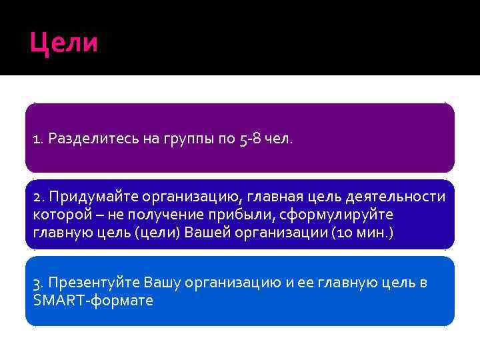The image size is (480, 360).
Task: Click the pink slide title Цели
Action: [64, 43]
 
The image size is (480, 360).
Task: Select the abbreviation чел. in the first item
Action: [277, 139]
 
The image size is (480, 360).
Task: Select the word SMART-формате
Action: [93, 300]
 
